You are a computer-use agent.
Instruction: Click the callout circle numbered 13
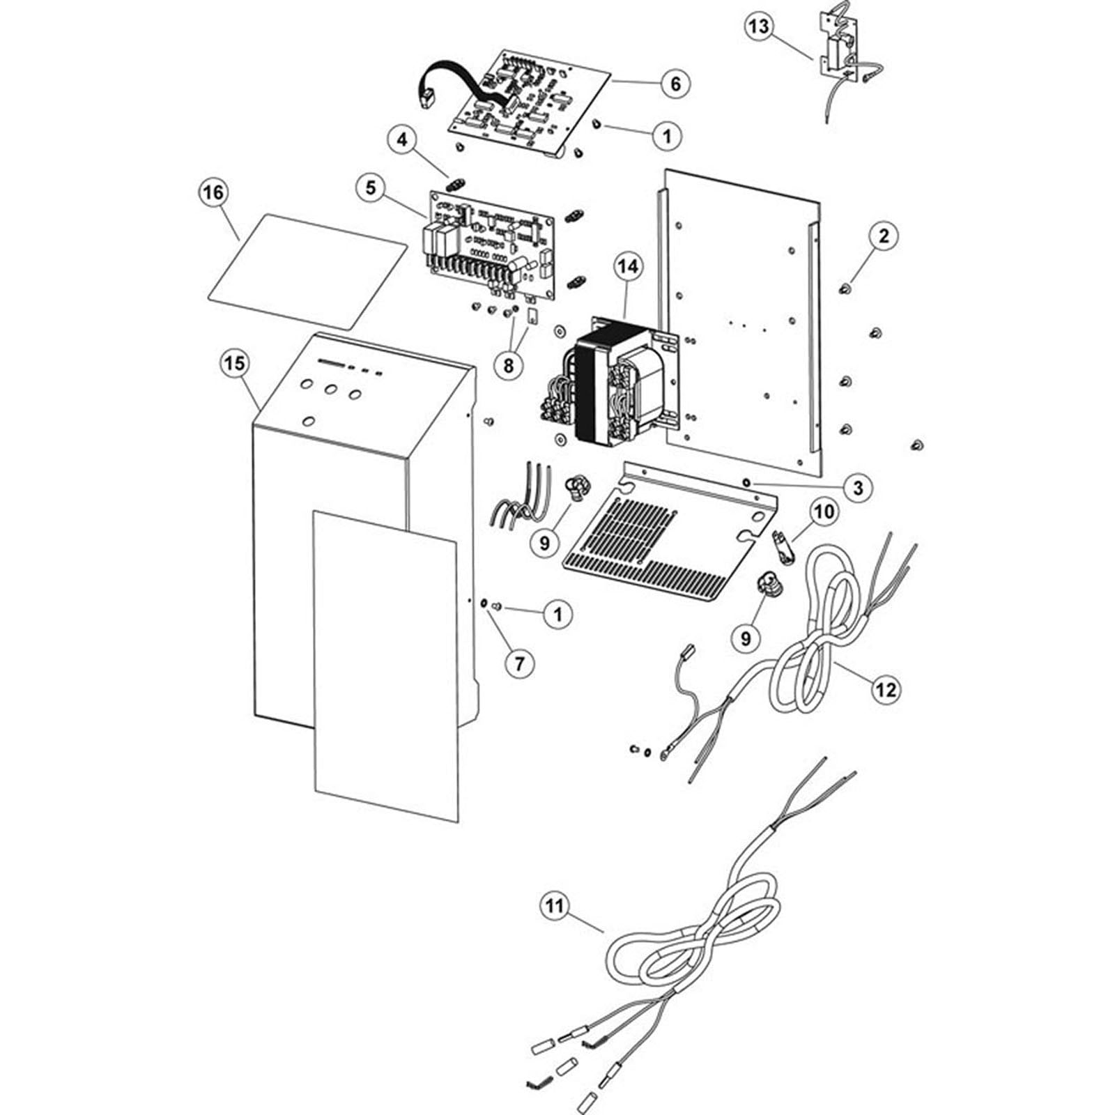(x=760, y=27)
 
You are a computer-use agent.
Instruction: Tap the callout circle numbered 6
(x=675, y=84)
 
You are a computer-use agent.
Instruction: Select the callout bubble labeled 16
(x=213, y=191)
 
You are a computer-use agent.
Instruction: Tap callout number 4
(x=401, y=139)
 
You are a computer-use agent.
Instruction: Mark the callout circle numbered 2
(x=884, y=236)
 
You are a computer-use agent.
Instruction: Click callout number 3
(x=858, y=487)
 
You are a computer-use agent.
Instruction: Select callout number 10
(x=824, y=512)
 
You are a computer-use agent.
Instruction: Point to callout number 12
(x=886, y=689)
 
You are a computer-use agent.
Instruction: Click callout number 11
(x=555, y=906)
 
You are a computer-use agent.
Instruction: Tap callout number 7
(x=519, y=663)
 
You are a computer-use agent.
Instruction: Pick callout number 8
(x=509, y=364)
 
